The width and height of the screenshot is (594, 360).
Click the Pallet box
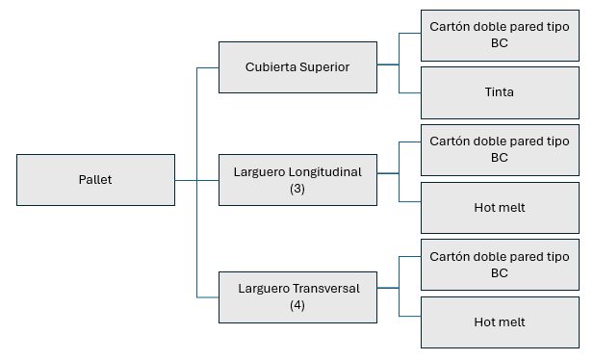point(95,180)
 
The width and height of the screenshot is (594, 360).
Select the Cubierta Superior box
point(297,67)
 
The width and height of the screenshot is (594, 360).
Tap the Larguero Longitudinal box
point(297,180)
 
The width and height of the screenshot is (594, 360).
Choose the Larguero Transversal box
point(297,296)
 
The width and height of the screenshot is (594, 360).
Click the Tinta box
point(499,92)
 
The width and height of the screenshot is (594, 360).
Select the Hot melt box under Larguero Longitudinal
point(499,207)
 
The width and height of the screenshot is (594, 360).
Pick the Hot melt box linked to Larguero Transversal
point(499,322)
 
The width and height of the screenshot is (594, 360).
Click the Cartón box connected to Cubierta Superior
point(499,35)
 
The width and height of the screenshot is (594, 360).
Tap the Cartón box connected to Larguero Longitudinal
point(499,149)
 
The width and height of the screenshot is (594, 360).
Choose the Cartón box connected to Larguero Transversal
point(499,265)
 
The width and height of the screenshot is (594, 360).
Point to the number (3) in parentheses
point(297,189)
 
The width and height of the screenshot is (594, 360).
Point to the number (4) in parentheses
point(297,305)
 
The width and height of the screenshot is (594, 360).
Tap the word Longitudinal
point(323,172)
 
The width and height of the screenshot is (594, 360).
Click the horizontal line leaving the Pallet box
point(186,180)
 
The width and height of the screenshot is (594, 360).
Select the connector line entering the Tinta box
point(410,92)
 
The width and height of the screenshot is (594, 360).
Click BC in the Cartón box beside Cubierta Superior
point(499,43)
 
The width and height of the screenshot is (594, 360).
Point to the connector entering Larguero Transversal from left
point(207,296)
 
